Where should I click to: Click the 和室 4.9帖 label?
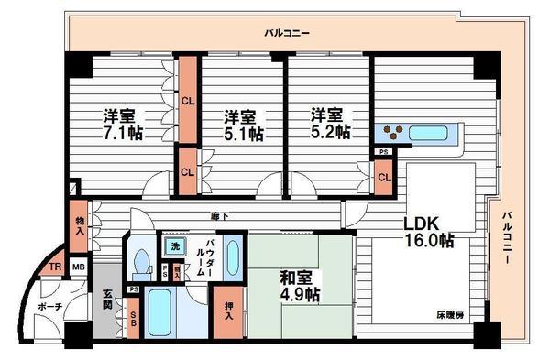pyautogui.click(x=299, y=285)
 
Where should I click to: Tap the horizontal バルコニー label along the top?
pyautogui.click(x=287, y=33)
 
